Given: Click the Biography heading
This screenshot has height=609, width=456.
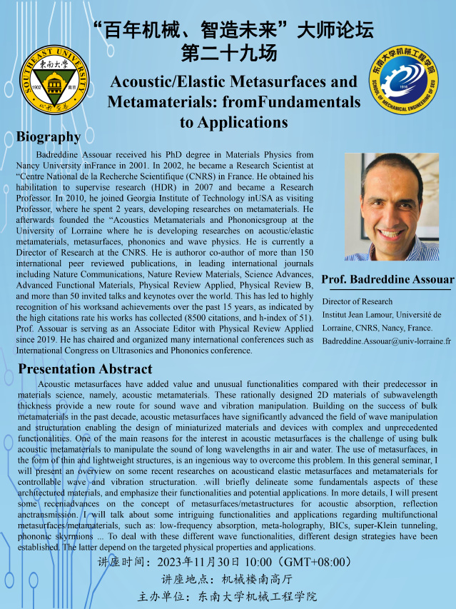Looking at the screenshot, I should point(48,136).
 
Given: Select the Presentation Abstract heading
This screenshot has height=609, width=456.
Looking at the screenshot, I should point(85,369).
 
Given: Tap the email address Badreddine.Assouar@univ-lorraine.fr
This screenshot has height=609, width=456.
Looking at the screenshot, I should point(386,341).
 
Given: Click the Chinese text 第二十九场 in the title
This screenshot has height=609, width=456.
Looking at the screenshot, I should point(228,53).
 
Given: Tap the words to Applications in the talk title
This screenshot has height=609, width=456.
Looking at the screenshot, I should point(233,122).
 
